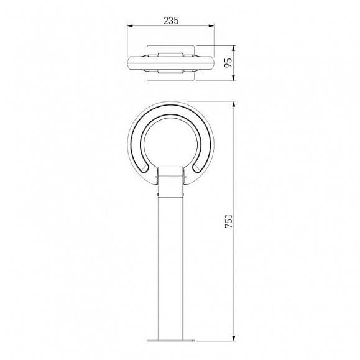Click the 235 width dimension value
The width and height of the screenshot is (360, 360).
point(171,21)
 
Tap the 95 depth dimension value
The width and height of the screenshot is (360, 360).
point(228,63)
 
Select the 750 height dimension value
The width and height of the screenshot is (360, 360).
point(229,221)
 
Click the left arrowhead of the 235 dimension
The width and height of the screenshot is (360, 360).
point(130,26)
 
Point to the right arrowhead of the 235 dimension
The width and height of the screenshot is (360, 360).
point(211,26)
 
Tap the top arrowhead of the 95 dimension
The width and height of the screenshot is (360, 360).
point(234,48)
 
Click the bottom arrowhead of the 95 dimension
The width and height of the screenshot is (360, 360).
point(234,78)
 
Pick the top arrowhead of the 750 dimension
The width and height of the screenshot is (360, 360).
point(234,104)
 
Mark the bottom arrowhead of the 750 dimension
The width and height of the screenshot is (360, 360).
point(234,338)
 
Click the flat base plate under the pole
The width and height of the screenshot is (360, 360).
point(170,341)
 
